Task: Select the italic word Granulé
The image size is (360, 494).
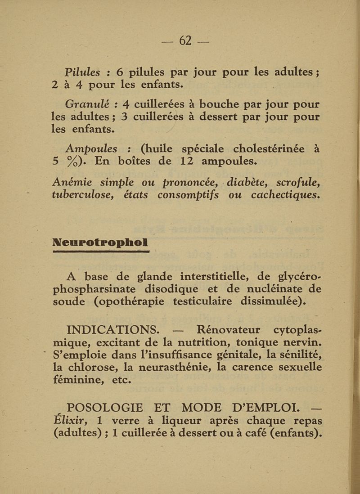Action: pos(85,105)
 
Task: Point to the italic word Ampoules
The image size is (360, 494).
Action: pos(91,148)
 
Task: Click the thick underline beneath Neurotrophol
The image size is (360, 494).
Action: pos(100,253)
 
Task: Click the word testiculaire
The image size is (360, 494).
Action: pos(205,301)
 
